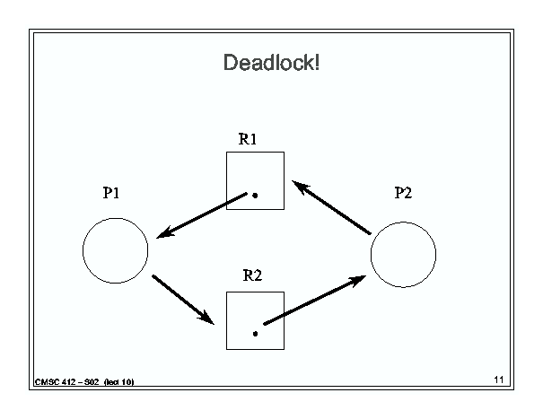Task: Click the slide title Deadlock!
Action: pos(271,63)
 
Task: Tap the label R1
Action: pos(248,139)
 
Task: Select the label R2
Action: pos(252,275)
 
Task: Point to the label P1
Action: pos(111,193)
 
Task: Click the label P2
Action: pos(404,193)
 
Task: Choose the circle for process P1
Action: pos(83,250)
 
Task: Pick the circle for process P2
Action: pos(371,255)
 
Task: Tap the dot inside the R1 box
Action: pos(255,196)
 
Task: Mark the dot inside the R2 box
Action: pos(255,334)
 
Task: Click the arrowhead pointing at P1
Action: pos(164,233)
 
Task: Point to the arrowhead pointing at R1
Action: pos(300,187)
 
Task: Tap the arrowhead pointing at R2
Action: pos(206,318)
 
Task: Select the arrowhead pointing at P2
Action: pos(357,281)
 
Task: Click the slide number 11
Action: pos(499,380)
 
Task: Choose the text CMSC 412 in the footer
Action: pos(56,382)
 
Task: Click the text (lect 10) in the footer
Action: pos(118,382)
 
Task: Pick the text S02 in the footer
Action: pos(92,382)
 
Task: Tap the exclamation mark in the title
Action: pos(317,63)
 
